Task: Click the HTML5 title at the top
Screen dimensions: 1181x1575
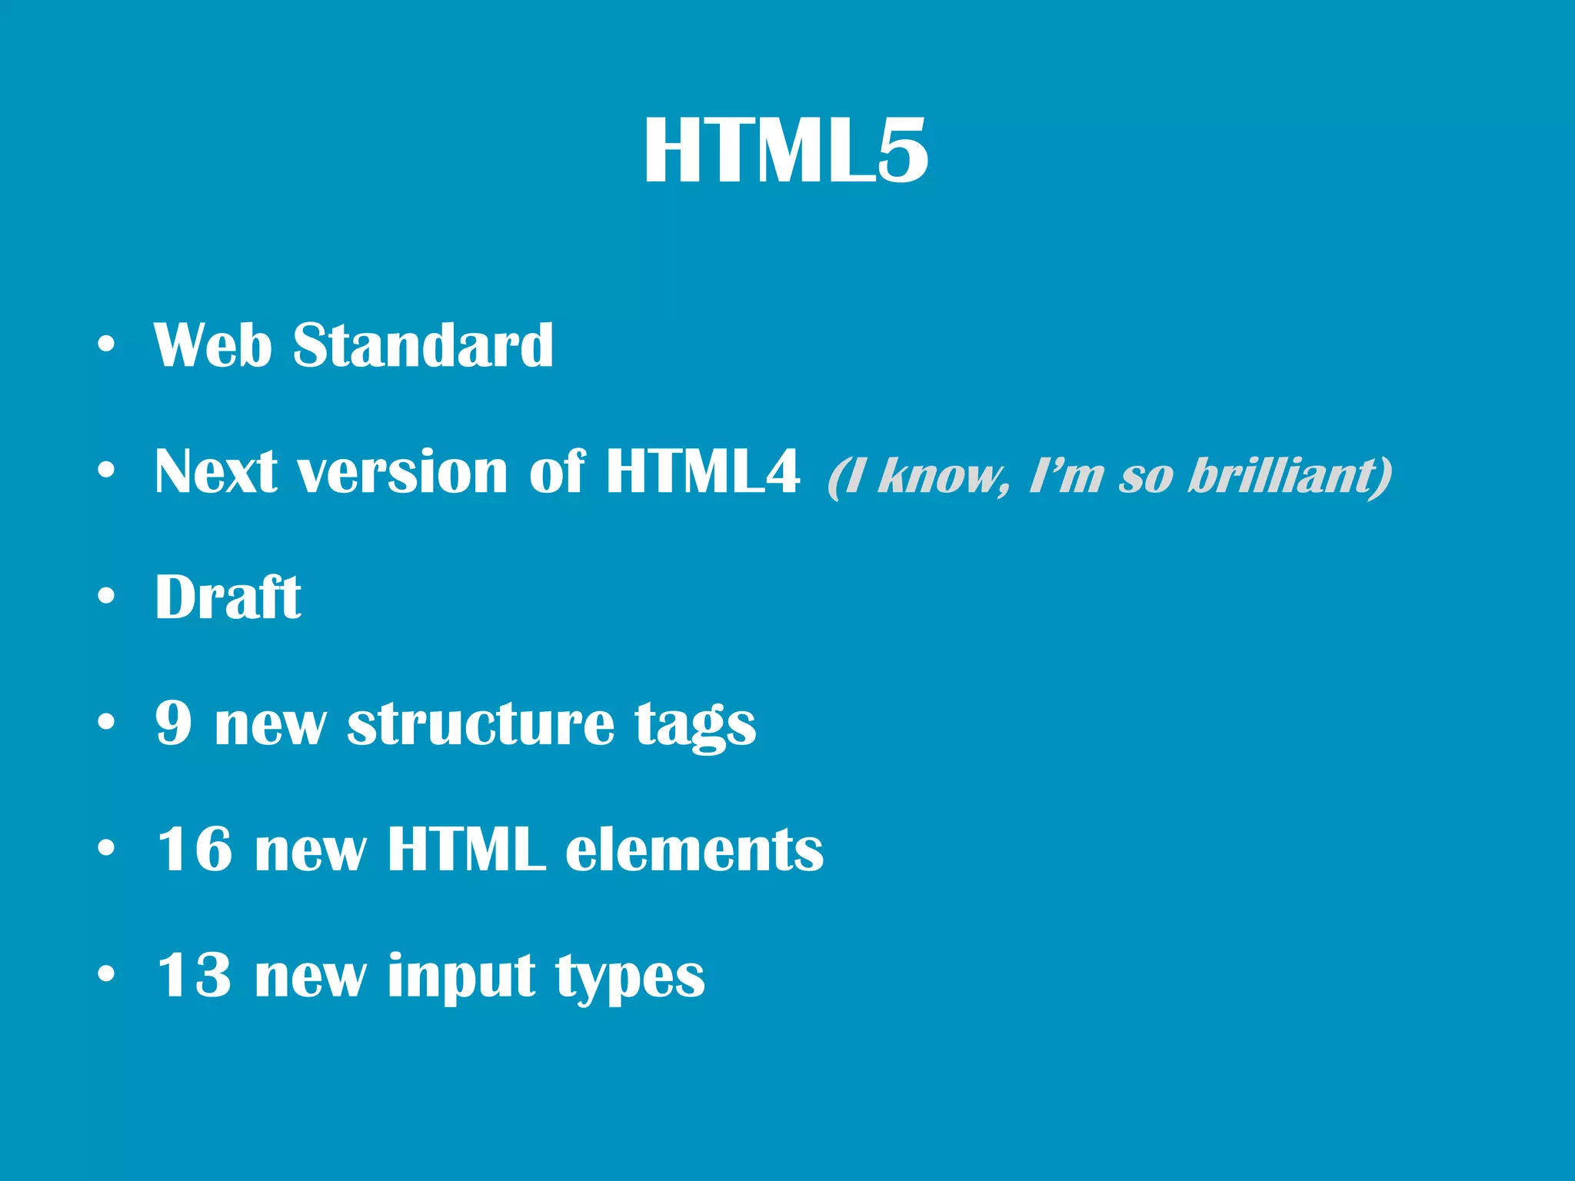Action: tap(786, 151)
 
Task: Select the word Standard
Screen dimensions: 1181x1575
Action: tap(423, 345)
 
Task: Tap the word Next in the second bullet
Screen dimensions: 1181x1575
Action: tap(216, 471)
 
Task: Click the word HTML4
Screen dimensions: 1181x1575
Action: tap(702, 471)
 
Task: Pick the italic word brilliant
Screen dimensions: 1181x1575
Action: tap(1290, 476)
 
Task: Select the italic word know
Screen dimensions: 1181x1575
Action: tap(943, 476)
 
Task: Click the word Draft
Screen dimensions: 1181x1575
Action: tap(228, 597)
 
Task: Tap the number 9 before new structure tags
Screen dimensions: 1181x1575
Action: tap(174, 723)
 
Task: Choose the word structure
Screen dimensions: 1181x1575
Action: tap(481, 724)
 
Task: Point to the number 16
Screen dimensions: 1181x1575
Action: tap(195, 849)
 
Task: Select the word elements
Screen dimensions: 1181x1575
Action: tap(694, 850)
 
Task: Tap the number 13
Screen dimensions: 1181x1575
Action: tap(195, 975)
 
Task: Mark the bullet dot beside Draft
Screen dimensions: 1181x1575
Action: tap(106, 597)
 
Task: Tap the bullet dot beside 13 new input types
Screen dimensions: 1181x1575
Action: tap(106, 974)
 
